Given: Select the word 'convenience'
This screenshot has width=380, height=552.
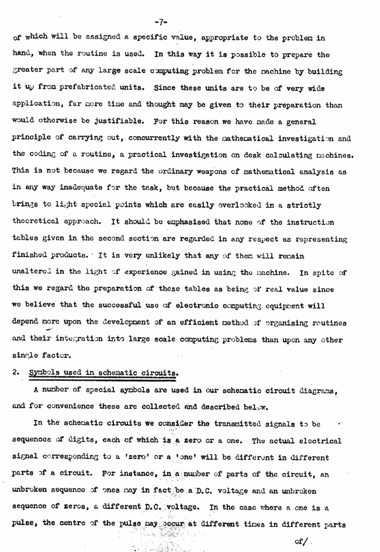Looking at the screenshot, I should pos(70,407).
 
